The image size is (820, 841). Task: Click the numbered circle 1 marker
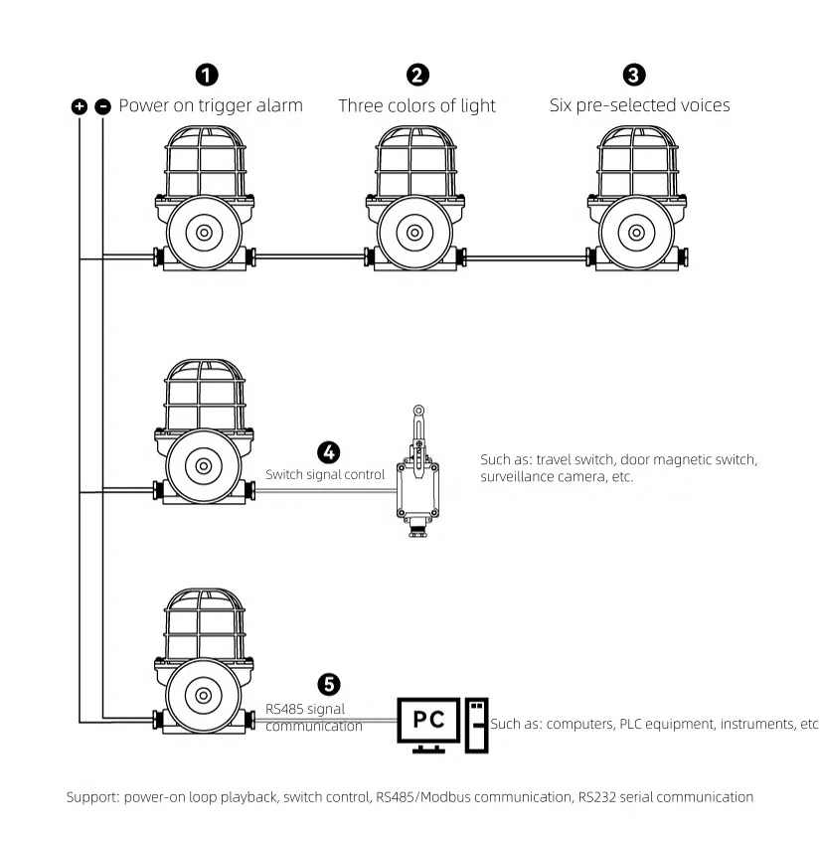point(207,75)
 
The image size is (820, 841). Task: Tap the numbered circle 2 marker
point(418,75)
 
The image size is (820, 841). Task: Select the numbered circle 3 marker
point(633,75)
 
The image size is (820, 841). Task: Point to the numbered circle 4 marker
point(327,451)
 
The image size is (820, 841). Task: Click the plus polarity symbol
point(80,106)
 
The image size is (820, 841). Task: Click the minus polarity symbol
point(102,106)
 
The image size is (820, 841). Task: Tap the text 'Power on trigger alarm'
point(211,105)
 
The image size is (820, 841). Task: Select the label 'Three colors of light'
point(416,105)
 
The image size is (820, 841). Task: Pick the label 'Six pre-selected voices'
point(639,105)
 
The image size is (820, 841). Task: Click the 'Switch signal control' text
point(324,475)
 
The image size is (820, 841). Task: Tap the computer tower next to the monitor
point(478,723)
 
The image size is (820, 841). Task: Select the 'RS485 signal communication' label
point(313,718)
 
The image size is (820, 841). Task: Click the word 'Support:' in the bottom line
point(92,797)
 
